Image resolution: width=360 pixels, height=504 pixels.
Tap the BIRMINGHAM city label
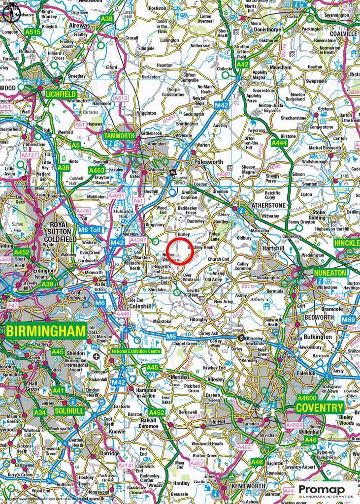tap(46, 331)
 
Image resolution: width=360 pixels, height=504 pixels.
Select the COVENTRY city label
tap(319, 408)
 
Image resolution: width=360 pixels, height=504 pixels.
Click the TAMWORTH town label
tap(118, 135)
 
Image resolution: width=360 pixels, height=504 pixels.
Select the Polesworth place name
tap(210, 161)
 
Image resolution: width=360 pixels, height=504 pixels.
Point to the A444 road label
tap(279, 143)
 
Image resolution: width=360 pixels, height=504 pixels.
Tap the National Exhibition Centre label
tap(136, 351)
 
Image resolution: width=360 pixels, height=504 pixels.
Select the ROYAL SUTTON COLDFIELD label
tap(62, 232)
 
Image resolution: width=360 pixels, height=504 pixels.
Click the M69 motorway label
tap(349, 320)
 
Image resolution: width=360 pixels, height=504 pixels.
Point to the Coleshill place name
tap(140, 306)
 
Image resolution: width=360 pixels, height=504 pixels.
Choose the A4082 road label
tap(295, 424)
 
